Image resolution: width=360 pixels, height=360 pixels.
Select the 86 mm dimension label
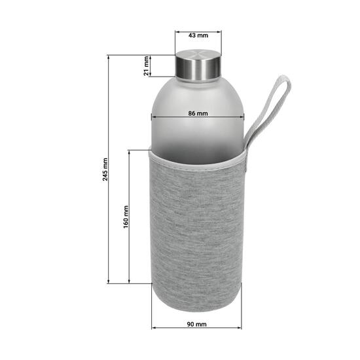(198, 113)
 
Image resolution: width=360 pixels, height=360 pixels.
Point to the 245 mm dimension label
(105, 170)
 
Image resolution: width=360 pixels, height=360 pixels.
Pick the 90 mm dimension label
(197, 324)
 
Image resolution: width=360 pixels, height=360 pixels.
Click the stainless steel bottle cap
(198, 64)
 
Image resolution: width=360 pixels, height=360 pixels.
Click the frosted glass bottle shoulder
(198, 92)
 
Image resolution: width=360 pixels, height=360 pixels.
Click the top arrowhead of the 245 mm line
(109, 58)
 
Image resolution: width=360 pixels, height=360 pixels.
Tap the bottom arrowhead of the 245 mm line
(109, 282)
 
